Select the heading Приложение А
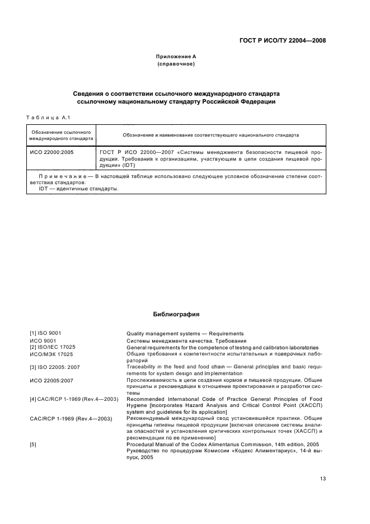[176, 57]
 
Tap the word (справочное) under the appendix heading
[176, 64]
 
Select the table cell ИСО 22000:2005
[51, 152]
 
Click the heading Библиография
[176, 315]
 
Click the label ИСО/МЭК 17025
[52, 354]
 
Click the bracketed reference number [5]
[34, 444]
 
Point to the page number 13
[322, 479]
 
